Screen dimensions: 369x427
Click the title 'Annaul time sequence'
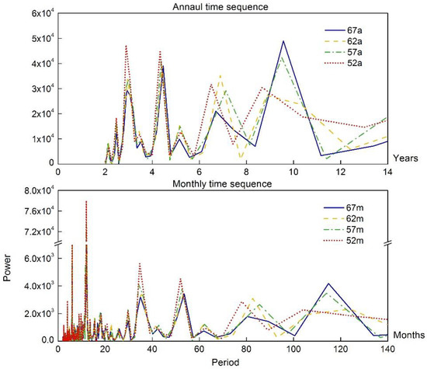tap(222, 7)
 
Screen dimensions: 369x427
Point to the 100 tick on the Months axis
tap(293, 349)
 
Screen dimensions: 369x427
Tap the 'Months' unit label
tap(407, 335)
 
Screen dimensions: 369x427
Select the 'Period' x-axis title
tap(222, 362)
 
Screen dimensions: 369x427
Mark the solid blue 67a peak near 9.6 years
tap(283, 41)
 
